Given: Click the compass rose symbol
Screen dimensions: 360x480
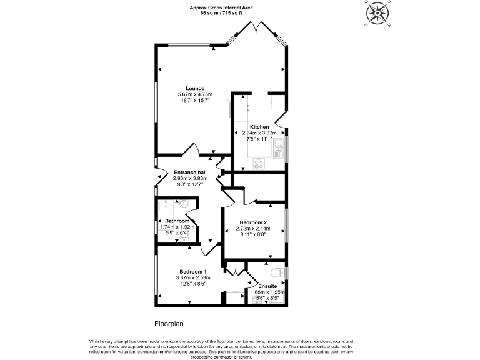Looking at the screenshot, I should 377,14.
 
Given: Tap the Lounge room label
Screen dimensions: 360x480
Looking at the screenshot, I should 194,88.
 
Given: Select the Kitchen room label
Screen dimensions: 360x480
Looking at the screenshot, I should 259,127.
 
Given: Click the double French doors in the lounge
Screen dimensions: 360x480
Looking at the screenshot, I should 257,29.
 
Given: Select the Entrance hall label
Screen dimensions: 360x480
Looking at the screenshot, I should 190,172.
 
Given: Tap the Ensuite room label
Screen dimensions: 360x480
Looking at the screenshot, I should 267,286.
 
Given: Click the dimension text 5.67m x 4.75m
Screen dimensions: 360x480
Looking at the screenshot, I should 194,94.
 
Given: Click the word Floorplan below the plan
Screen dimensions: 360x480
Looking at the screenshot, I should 169,324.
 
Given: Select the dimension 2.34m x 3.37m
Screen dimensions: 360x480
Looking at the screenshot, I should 259,133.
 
